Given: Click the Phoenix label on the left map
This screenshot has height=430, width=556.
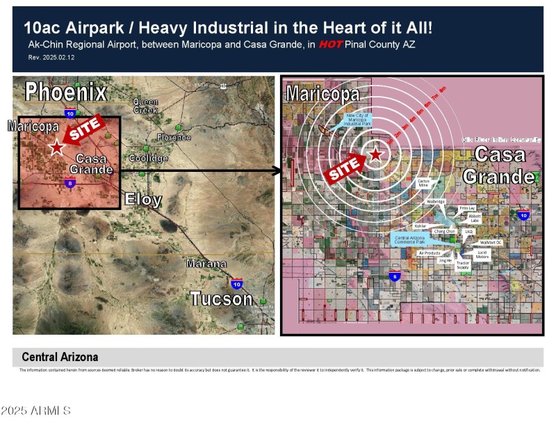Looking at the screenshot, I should click(66, 92).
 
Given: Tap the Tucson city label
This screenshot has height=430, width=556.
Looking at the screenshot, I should click(221, 299).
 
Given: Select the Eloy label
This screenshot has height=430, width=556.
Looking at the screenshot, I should click(143, 200).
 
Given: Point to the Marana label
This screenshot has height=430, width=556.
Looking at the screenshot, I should click(206, 264).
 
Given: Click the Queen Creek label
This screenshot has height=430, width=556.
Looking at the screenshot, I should click(146, 106).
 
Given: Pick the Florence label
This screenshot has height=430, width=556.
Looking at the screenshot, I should click(173, 138).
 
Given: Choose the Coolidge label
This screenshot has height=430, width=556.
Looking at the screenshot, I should click(148, 159).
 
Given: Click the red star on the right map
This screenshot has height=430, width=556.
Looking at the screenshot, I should click(375, 154).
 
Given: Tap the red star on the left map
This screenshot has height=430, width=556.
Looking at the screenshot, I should click(56, 148).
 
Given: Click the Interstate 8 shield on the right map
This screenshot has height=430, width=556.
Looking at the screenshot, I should click(395, 276).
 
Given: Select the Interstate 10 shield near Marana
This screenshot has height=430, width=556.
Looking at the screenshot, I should click(237, 284).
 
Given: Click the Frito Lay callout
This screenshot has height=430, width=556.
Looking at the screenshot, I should click(467, 208).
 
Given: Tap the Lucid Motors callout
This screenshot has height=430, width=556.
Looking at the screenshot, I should click(482, 255).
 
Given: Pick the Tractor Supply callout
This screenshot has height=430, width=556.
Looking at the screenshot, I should click(463, 266).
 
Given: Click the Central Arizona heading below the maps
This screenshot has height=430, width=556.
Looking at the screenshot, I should click(60, 357).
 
